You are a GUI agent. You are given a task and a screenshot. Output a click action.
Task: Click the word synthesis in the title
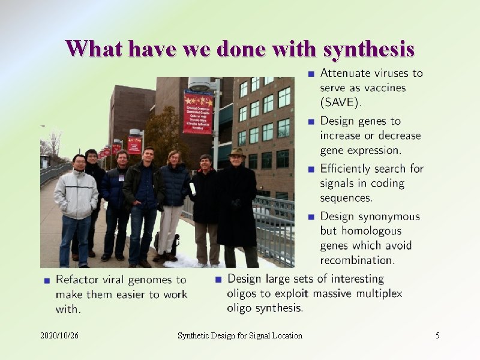(x=368, y=49)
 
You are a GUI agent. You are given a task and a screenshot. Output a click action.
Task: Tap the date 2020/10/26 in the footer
(x=59, y=335)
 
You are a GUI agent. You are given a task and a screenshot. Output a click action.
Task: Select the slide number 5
(x=437, y=335)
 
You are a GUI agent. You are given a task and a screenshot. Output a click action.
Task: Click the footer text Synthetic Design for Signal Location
(x=240, y=335)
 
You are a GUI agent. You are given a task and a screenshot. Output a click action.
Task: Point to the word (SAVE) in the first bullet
(x=340, y=103)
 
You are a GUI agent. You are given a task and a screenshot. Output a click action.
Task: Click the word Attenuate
(x=346, y=73)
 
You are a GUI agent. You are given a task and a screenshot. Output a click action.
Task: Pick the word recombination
(x=357, y=260)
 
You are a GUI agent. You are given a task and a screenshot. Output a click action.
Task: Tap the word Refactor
(x=78, y=280)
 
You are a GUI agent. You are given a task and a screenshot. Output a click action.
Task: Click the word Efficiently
(x=349, y=169)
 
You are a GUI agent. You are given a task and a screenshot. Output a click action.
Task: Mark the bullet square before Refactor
(x=46, y=280)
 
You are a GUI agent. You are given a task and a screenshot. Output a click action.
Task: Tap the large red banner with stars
(x=198, y=112)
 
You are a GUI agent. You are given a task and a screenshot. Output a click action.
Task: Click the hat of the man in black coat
(x=237, y=152)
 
